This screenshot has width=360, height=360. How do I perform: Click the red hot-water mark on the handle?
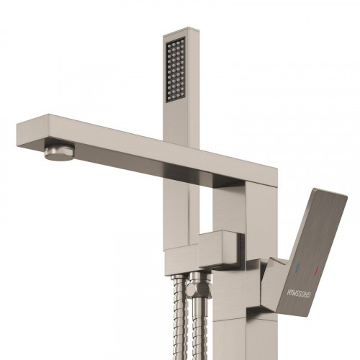(x=317, y=270)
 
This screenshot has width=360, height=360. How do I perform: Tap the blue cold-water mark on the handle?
(x=298, y=266)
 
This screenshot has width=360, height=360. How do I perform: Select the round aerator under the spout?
(x=58, y=153)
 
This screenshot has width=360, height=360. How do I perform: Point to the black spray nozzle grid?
(x=176, y=70)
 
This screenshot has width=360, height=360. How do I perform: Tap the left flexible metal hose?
(x=179, y=318)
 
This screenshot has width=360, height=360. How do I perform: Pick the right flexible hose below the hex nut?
(x=199, y=329)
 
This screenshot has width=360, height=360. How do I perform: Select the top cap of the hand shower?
(x=181, y=31)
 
